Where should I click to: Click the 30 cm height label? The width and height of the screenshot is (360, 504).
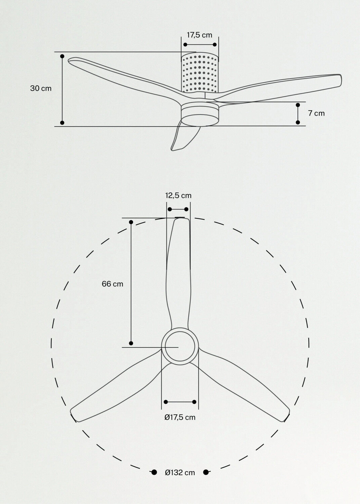[41, 88]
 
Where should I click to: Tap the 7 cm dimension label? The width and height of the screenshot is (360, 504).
[316, 113]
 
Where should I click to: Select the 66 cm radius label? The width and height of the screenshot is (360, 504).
[112, 284]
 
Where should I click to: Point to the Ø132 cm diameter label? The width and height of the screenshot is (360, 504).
[180, 472]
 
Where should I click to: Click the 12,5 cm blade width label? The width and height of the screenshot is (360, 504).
[178, 196]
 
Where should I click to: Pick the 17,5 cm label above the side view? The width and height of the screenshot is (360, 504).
[199, 35]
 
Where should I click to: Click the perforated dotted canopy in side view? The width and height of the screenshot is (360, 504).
[200, 73]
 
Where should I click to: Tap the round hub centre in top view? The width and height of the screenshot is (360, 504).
[180, 346]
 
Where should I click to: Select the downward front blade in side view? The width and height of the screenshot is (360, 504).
[185, 137]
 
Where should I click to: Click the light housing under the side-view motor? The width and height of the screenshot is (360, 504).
[200, 115]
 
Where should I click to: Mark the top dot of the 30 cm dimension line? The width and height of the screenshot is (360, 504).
[62, 56]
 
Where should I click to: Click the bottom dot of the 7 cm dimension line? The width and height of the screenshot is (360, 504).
[297, 122]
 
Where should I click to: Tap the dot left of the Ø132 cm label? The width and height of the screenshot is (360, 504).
[154, 472]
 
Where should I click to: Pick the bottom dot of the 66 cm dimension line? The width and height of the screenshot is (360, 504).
[131, 343]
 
